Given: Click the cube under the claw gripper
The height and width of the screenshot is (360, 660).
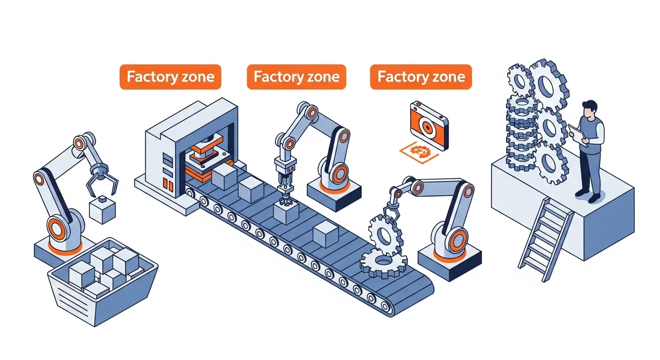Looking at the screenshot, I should point(103,210).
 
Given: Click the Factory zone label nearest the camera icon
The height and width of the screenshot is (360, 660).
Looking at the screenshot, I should point(420,77).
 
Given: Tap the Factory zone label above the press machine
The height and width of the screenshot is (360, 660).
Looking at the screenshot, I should point(170,77).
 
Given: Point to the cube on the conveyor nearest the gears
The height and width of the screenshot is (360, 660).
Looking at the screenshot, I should point(326,234).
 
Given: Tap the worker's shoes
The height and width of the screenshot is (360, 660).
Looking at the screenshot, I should point(588,195).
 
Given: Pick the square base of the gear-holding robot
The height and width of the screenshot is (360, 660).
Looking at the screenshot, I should point(449,263).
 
